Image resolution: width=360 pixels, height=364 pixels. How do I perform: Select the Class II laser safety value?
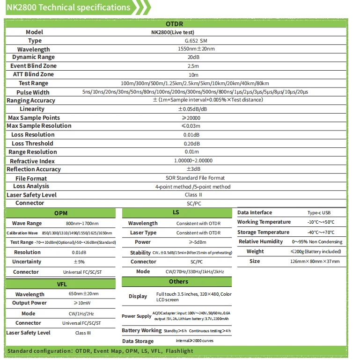click(x=193, y=195)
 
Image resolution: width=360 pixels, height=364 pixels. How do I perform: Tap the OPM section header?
click(x=61, y=213)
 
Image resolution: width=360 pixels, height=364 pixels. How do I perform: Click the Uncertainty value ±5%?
click(x=78, y=262)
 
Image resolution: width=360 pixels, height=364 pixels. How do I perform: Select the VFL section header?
click(x=61, y=284)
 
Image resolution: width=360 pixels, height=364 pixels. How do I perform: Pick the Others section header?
click(x=178, y=282)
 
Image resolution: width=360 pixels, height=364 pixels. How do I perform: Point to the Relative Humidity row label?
click(x=261, y=242)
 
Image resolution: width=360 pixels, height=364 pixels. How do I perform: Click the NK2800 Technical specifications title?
click(x=68, y=7)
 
